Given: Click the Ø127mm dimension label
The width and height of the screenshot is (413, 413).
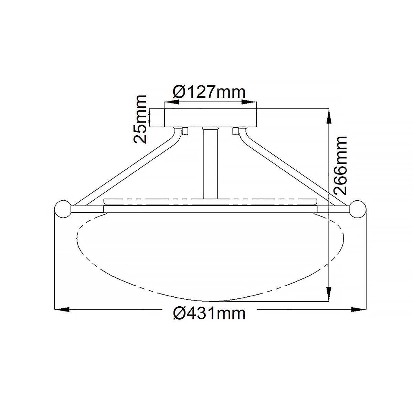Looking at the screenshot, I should (210, 92).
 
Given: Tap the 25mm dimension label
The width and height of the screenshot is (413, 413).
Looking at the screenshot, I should (141, 119).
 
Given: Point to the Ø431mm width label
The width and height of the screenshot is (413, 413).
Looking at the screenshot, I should (210, 314).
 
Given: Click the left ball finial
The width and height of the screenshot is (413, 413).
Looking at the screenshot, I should (63, 209).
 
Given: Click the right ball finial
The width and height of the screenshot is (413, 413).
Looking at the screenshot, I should (358, 209).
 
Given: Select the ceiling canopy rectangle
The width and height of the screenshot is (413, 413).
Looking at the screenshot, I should (210, 118).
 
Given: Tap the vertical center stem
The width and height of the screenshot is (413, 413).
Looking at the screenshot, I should (210, 165).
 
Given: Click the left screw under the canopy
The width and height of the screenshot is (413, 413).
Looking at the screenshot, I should (185, 131).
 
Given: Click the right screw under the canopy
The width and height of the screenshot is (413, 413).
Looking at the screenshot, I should (236, 131).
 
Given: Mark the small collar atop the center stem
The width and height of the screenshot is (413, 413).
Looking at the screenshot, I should (210, 128).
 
